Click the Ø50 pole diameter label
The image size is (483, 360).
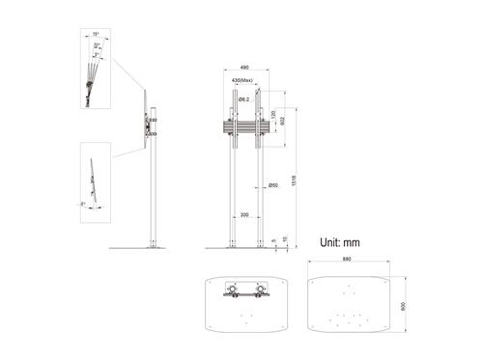tap(273, 185)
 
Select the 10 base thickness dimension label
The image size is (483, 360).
tap(286, 240)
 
